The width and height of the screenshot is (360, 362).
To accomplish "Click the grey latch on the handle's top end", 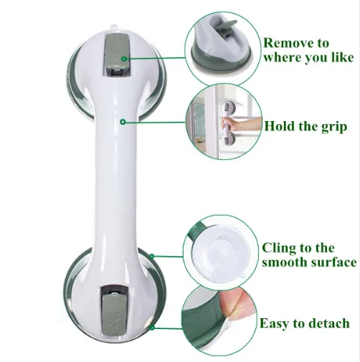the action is coord(117,55).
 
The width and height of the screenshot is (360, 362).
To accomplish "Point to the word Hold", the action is coord(280,125).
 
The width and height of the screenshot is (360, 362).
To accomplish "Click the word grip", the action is coord(334,127).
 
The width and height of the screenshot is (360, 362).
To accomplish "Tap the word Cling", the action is coord(279,248).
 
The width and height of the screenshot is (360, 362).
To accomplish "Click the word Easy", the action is coord(275,324).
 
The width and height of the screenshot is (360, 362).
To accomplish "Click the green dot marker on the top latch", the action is coord(124,59).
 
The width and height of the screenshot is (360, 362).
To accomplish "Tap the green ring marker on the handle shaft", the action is coord(123,122).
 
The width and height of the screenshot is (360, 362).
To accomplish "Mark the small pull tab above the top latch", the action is coord(113,27).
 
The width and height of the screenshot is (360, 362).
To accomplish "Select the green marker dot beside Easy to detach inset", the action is coord(152,328).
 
